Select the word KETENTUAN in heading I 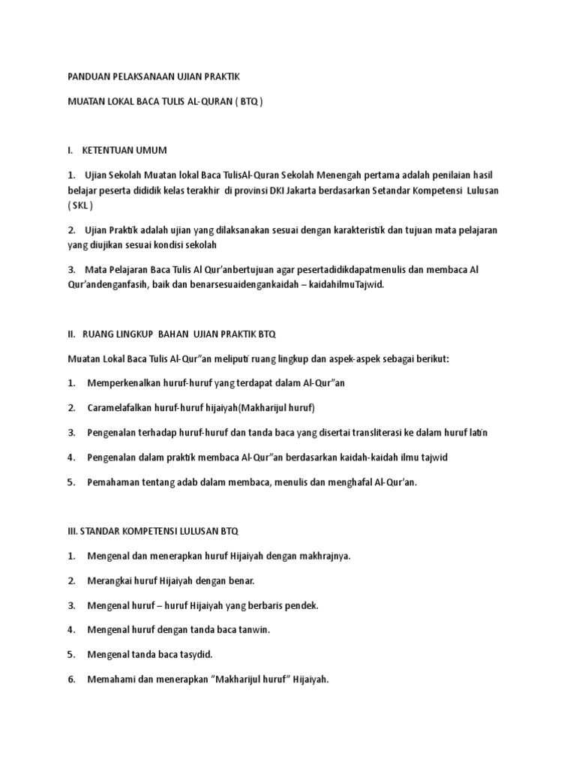[x=111, y=150]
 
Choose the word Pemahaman [x=113, y=481]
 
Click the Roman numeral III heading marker [x=73, y=531]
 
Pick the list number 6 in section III [x=71, y=679]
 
